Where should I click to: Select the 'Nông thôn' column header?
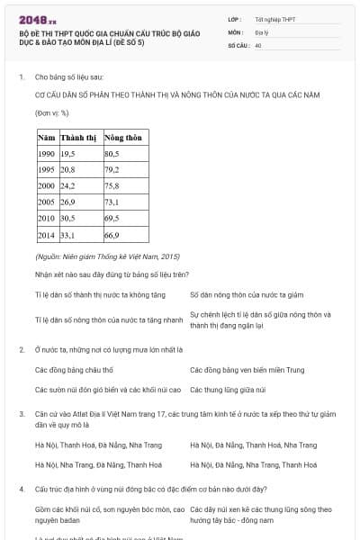tap(122, 137)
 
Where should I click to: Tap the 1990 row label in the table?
tap(46, 154)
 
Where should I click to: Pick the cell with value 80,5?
tap(112, 154)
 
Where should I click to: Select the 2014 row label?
tap(46, 235)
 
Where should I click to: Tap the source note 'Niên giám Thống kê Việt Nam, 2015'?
tap(107, 257)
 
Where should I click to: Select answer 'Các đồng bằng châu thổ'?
tap(74, 370)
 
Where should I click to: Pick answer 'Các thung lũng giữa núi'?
tap(227, 390)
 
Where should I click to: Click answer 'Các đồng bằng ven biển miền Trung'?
tap(247, 370)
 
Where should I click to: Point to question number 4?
tap(21, 489)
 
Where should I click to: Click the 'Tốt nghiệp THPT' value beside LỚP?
tap(274, 18)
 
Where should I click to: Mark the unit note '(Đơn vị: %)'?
tap(52, 113)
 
